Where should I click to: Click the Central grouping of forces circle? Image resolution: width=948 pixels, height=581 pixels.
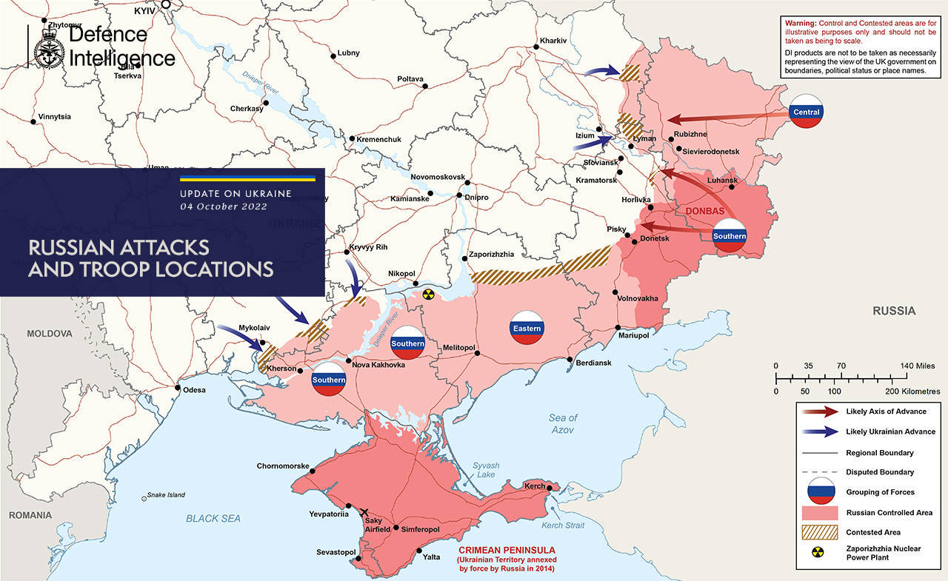806,112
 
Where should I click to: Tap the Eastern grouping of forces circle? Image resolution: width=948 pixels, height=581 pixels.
526,328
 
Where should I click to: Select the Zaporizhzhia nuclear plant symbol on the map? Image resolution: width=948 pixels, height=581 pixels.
427,295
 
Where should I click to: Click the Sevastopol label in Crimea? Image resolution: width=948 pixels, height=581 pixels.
337,552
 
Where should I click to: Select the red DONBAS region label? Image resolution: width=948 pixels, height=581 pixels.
705,211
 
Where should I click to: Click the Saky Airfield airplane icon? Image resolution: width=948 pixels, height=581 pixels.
363,512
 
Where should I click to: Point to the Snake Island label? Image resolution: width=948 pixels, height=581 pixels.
165,495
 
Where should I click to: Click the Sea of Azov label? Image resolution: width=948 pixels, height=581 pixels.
563,424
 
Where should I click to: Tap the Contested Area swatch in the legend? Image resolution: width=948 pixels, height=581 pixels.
818,532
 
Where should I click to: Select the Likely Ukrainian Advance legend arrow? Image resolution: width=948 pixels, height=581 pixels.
818,431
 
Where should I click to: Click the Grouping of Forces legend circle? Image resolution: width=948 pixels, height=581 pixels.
818,491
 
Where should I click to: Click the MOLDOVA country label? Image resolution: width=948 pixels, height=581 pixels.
49,334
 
